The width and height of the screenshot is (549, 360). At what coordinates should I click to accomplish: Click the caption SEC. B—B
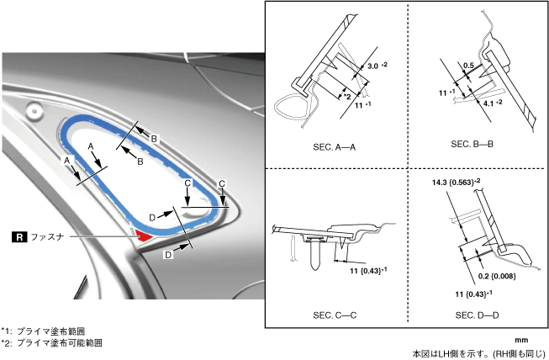click(472, 144)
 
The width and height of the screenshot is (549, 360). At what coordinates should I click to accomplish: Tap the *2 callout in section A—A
click(346, 97)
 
